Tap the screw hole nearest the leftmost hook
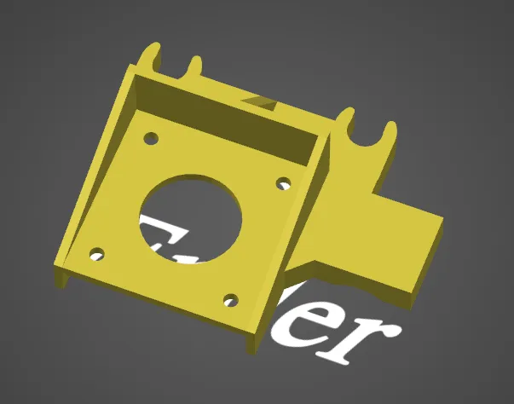click(x=151, y=137)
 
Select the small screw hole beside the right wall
click(x=284, y=182)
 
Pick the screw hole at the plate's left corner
click(x=97, y=254)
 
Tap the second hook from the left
click(x=195, y=66)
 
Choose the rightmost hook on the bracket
click(x=390, y=135)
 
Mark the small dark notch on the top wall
click(x=259, y=101)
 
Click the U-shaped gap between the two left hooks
click(x=175, y=68)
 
